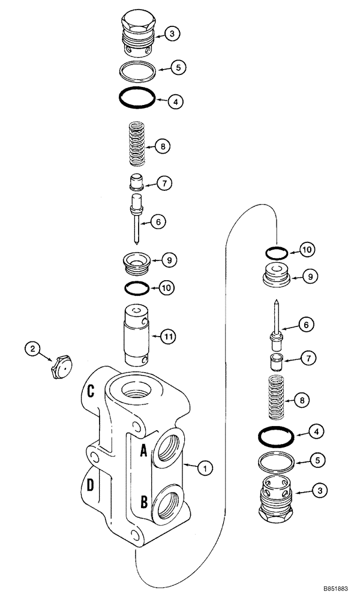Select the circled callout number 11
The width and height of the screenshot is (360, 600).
point(169,337)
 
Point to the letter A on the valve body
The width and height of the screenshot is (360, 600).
point(144,451)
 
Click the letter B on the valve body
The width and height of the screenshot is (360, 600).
point(144,502)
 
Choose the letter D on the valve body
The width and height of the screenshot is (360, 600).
point(90,485)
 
